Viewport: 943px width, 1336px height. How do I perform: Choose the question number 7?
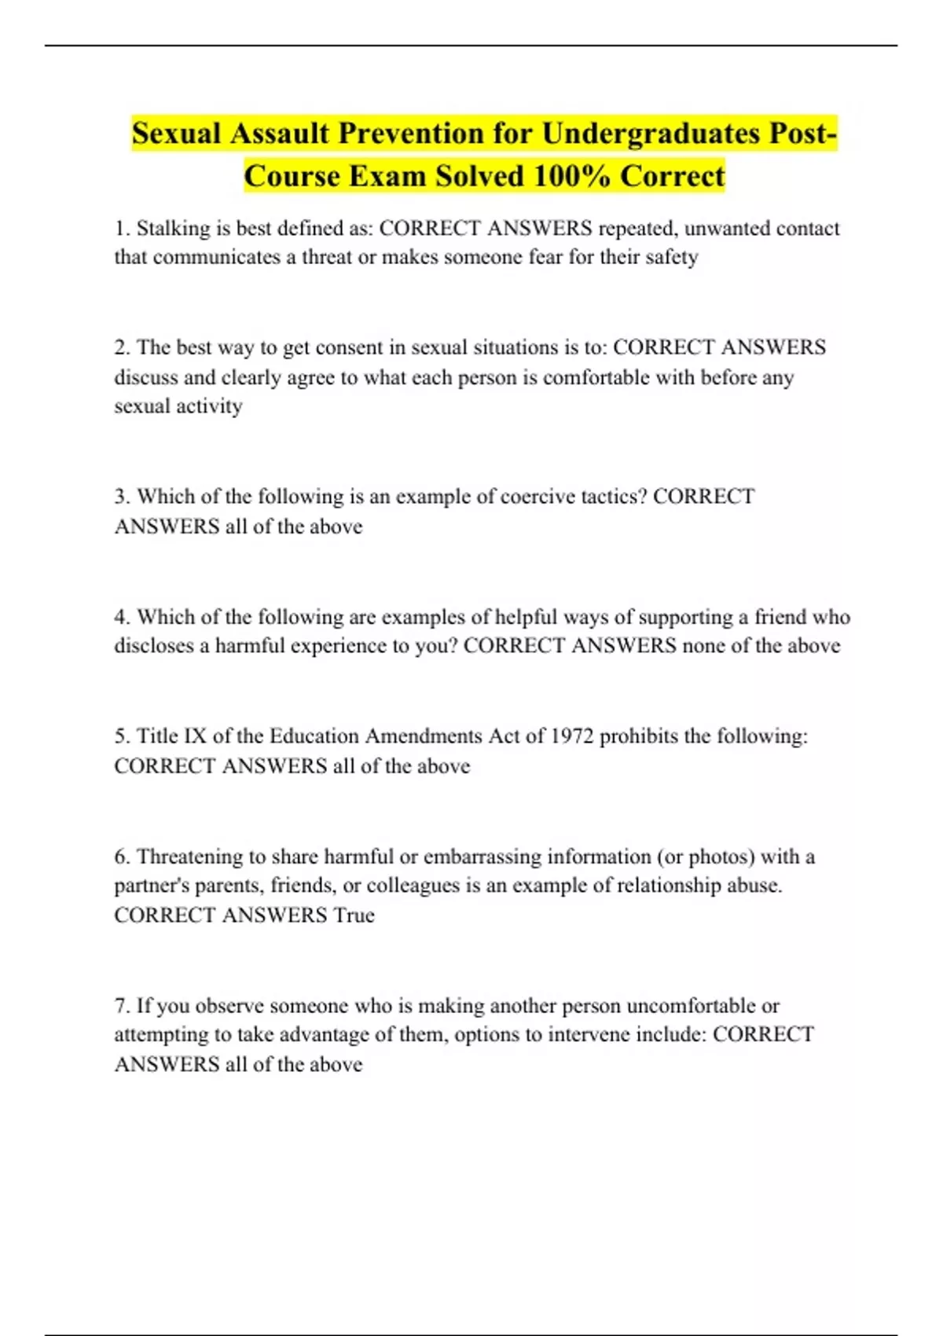121,1006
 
